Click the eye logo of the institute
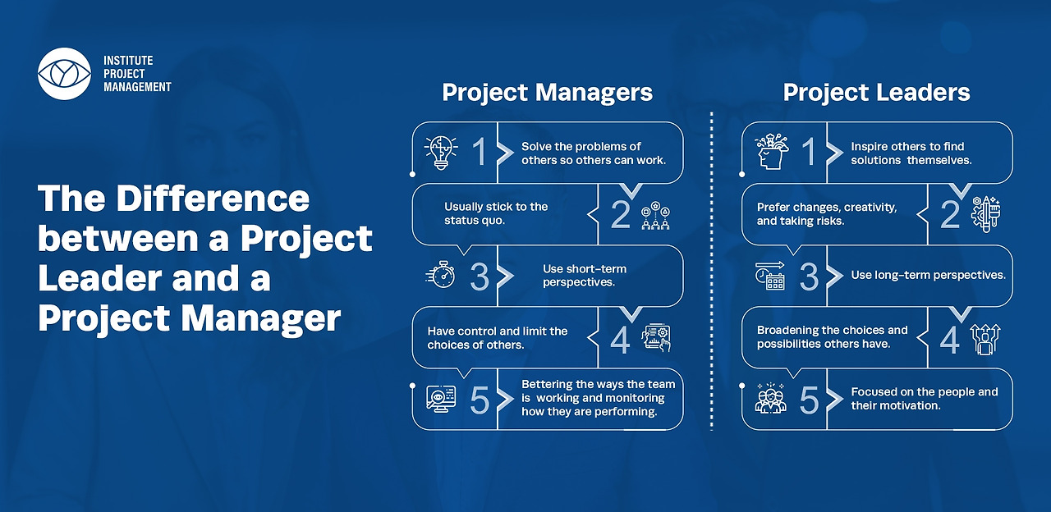point(64,74)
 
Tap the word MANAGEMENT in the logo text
point(137,87)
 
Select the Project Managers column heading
point(547,93)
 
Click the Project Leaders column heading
point(876,93)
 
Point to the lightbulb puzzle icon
point(441,153)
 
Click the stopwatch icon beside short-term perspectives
point(441,275)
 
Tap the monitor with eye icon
point(441,399)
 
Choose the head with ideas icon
point(771,151)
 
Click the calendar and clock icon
point(770,275)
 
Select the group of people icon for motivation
point(770,398)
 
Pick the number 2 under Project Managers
point(620,215)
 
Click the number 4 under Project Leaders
point(950,340)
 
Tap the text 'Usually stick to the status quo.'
point(496,214)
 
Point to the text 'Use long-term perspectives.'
point(928,275)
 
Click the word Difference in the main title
point(213,199)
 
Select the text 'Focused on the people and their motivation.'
point(925,399)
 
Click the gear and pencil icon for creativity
point(985,214)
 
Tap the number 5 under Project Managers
point(480,400)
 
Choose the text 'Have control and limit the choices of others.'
point(498,338)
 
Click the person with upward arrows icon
point(984,339)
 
